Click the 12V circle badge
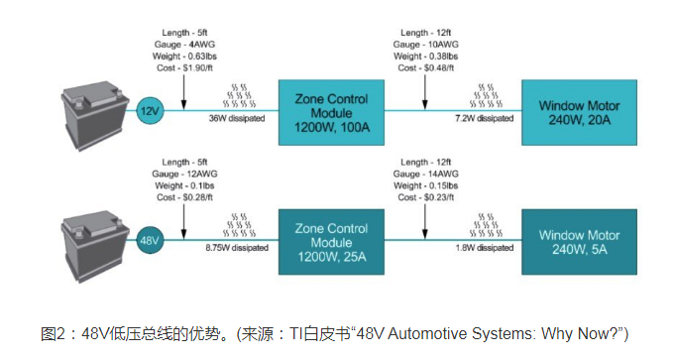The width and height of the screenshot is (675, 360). click(149, 111)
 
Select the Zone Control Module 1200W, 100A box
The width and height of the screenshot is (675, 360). click(329, 111)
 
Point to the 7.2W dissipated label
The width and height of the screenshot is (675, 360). click(484, 119)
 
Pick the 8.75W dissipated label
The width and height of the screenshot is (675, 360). click(234, 247)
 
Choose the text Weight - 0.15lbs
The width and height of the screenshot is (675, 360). click(426, 184)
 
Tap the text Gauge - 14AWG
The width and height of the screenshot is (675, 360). click(426, 174)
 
